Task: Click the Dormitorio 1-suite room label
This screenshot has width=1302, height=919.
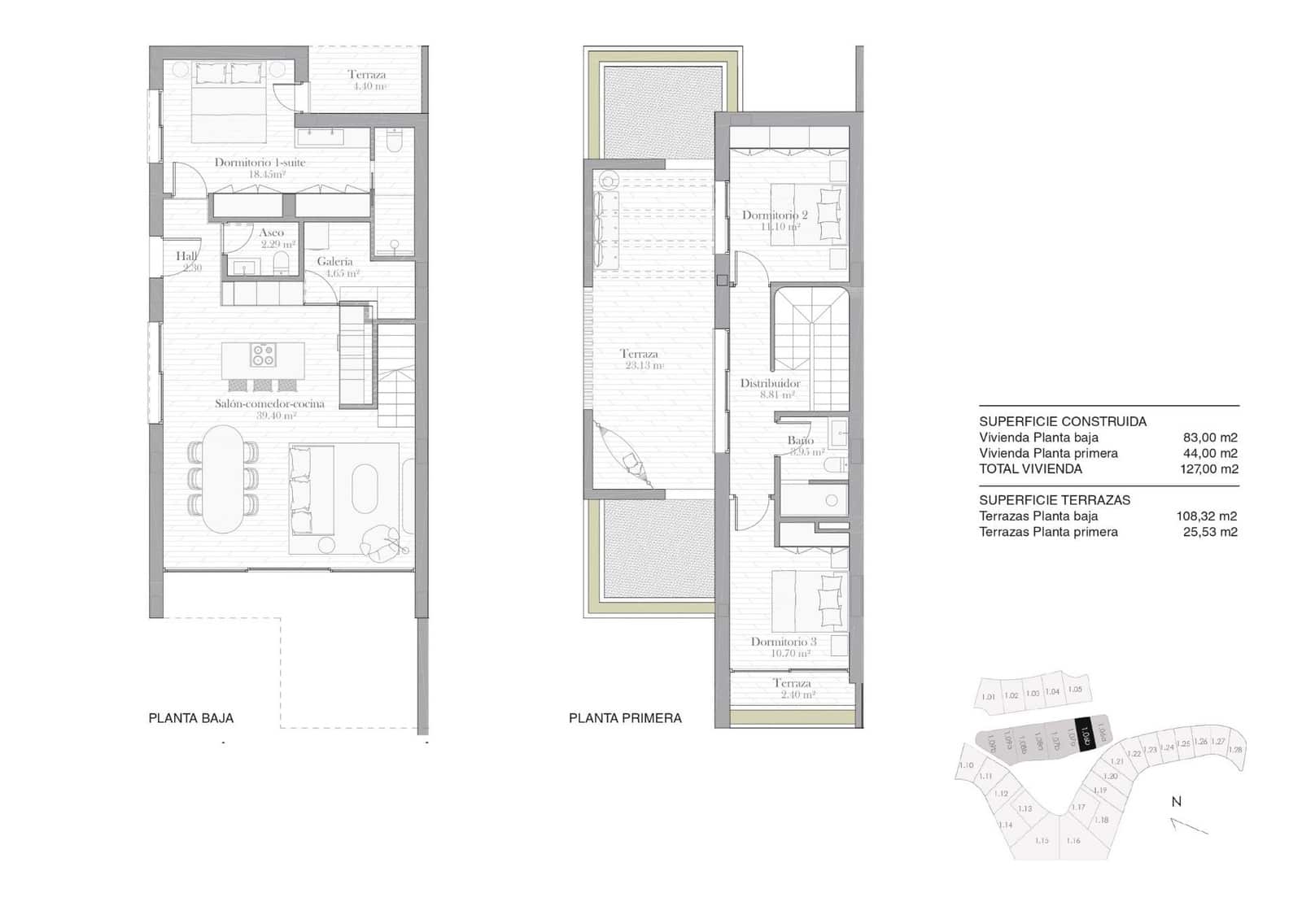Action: [260, 163]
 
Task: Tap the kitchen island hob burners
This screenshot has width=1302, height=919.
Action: [263, 355]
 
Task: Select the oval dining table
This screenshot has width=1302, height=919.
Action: [223, 480]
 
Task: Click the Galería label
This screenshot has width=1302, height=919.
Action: [335, 262]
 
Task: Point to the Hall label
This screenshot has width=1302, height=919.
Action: [186, 256]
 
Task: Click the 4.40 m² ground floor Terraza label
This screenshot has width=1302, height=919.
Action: [367, 75]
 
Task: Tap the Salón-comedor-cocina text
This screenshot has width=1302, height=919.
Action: [269, 403]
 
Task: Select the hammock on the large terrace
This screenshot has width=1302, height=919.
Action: [625, 455]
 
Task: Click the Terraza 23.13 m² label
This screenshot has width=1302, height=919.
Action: [639, 354]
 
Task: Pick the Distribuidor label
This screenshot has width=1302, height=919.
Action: [770, 383]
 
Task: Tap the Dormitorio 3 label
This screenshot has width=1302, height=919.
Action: [783, 642]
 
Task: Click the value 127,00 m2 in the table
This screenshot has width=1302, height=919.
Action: [1209, 469]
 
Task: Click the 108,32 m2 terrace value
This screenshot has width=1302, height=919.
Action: [1206, 516]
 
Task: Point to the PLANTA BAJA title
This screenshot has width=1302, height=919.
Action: [191, 718]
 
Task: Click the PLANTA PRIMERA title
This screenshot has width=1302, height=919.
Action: [625, 718]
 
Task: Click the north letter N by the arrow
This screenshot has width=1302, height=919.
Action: [1176, 801]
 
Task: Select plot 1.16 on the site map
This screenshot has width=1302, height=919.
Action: [1073, 841]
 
